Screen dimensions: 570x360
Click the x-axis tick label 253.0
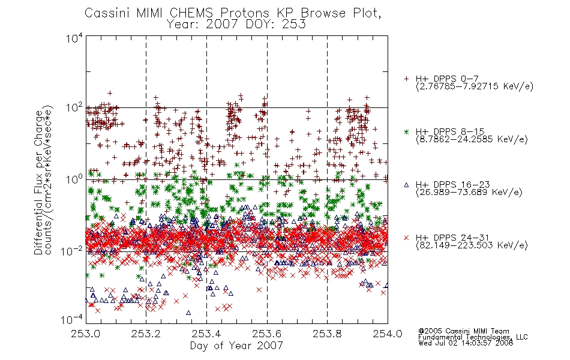(86, 334)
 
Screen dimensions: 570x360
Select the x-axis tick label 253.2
(146, 334)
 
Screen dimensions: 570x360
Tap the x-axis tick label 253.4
(206, 334)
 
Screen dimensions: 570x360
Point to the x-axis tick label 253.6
(267, 334)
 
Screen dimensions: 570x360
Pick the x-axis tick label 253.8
(327, 334)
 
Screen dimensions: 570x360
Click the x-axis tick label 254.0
(388, 334)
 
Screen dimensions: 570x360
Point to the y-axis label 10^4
(74, 38)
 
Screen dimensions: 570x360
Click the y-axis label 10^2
(74, 108)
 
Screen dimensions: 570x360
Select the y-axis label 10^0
(74, 179)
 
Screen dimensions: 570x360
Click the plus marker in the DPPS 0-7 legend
(406, 79)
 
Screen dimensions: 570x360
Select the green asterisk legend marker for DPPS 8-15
(406, 131)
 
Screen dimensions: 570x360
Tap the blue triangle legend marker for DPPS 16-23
(406, 185)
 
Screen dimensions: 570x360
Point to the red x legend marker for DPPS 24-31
(406, 238)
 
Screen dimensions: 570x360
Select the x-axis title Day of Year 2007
(236, 346)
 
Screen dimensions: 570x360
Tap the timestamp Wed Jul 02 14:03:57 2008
(466, 343)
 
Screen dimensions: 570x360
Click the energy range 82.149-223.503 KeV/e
(472, 245)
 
